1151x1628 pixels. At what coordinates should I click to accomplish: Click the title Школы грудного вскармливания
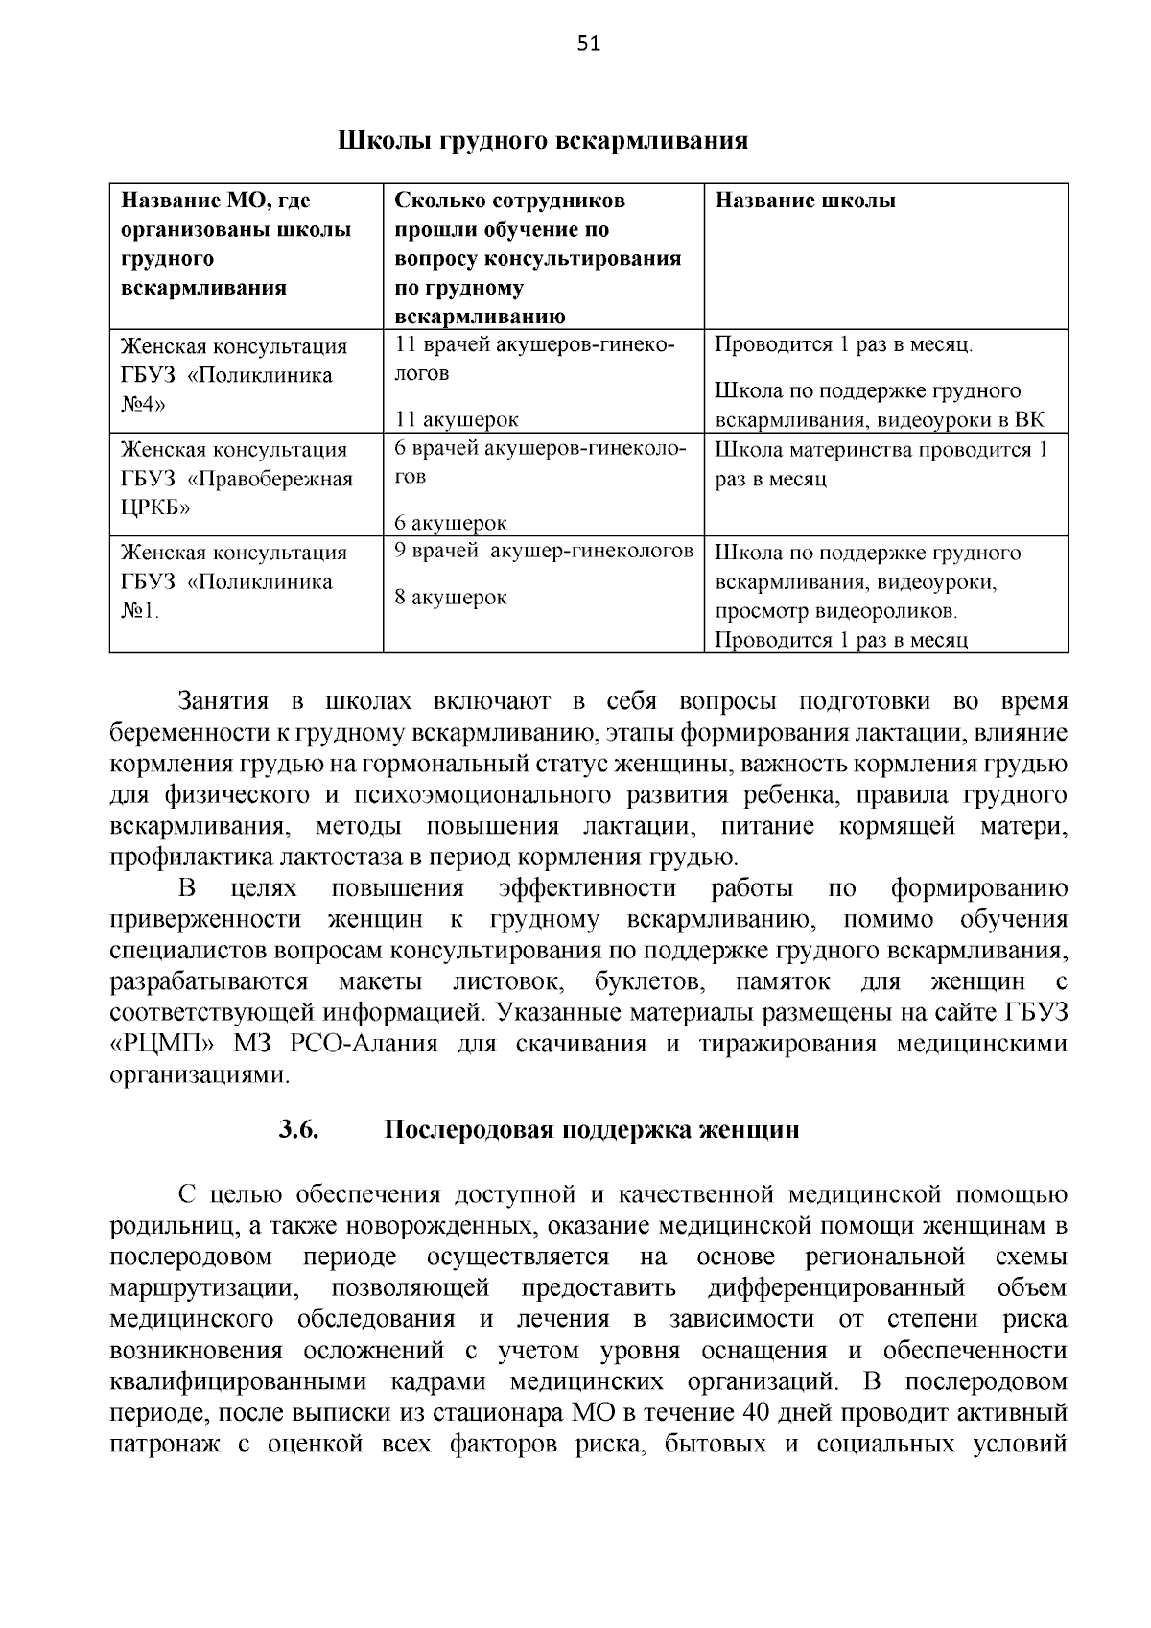tap(542, 141)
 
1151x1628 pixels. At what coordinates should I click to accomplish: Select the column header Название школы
tap(806, 201)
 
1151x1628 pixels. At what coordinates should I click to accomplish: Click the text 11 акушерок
tap(457, 419)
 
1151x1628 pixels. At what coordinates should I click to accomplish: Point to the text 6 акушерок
tap(451, 523)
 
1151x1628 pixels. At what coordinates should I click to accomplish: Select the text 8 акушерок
tap(451, 598)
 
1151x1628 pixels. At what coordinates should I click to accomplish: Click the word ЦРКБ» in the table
tap(155, 507)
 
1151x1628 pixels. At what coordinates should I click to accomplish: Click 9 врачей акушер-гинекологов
tap(544, 552)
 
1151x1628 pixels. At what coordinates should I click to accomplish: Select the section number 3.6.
tap(298, 1129)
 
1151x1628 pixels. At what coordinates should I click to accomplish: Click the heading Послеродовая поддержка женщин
tap(592, 1129)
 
